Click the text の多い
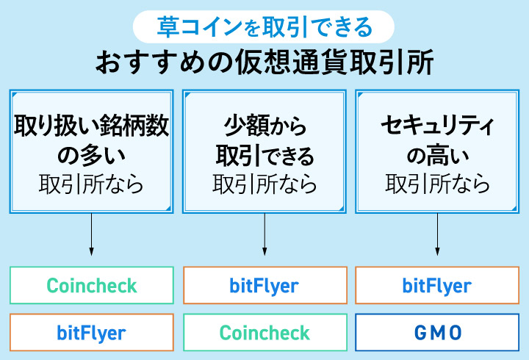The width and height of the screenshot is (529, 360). (92, 155)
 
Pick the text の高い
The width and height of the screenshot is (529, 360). (438, 155)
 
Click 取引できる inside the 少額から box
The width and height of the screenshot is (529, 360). (264, 155)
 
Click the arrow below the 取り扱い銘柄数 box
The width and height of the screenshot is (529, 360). (91, 235)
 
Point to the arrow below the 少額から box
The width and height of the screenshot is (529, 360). (264, 235)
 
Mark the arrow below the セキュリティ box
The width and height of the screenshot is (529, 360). (438, 235)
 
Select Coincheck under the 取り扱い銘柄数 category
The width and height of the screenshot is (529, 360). (92, 285)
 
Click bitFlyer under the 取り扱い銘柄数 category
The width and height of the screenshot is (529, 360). (92, 332)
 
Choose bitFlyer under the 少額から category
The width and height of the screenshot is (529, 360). (264, 285)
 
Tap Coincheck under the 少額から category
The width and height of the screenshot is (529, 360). (264, 332)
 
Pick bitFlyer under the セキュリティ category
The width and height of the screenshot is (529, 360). (438, 285)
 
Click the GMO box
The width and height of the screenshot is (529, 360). (438, 332)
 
